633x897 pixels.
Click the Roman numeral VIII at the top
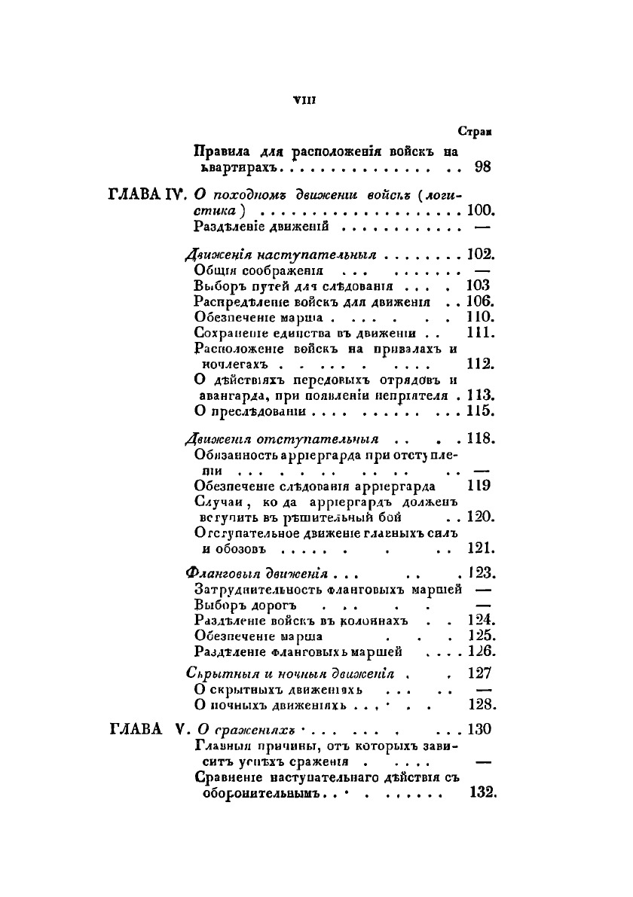pyautogui.click(x=307, y=99)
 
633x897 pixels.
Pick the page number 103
pyautogui.click(x=479, y=285)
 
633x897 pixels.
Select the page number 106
pyautogui.click(x=479, y=301)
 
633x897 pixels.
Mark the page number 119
pyautogui.click(x=479, y=485)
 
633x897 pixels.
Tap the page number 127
pyautogui.click(x=480, y=674)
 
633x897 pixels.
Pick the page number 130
pyautogui.click(x=479, y=728)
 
